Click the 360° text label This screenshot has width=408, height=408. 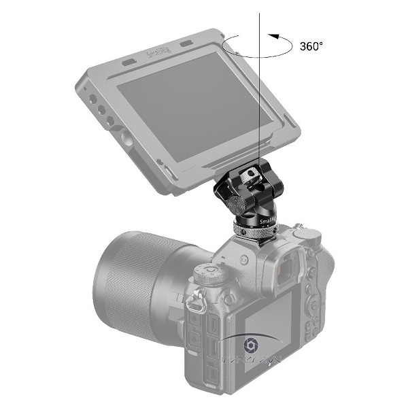tap(311, 47)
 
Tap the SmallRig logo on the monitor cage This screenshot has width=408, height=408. tap(158, 52)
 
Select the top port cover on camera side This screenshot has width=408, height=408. tap(194, 337)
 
